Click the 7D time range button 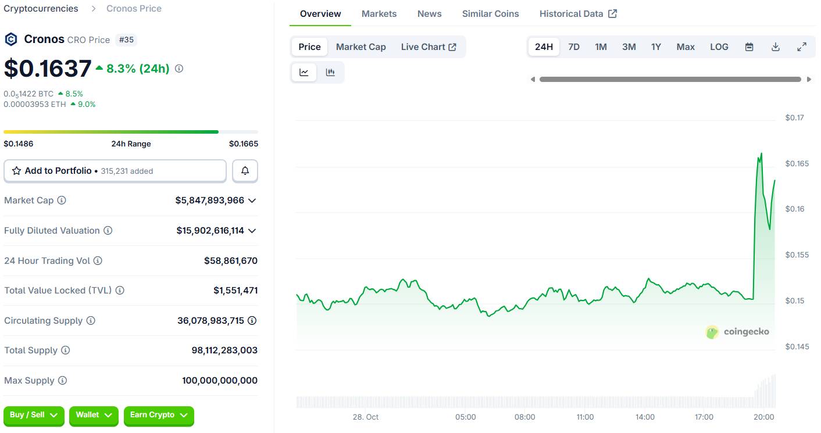pyautogui.click(x=573, y=47)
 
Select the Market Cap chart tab pyautogui.click(x=360, y=47)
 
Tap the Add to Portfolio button pyautogui.click(x=115, y=171)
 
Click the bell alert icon pyautogui.click(x=245, y=171)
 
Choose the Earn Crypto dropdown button pyautogui.click(x=158, y=415)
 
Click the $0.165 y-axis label pyautogui.click(x=797, y=164)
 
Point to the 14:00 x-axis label pyautogui.click(x=645, y=417)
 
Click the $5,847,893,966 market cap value pyautogui.click(x=209, y=201)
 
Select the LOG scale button pyautogui.click(x=719, y=47)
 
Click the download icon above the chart pyautogui.click(x=775, y=47)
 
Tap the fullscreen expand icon pyautogui.click(x=802, y=47)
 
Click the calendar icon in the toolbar pyautogui.click(x=749, y=47)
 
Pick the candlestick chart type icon pyautogui.click(x=330, y=73)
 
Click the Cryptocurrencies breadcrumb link pyautogui.click(x=41, y=9)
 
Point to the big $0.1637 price pyautogui.click(x=48, y=69)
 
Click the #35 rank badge pyautogui.click(x=126, y=40)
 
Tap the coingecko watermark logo pyautogui.click(x=737, y=332)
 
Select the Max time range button pyautogui.click(x=686, y=47)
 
